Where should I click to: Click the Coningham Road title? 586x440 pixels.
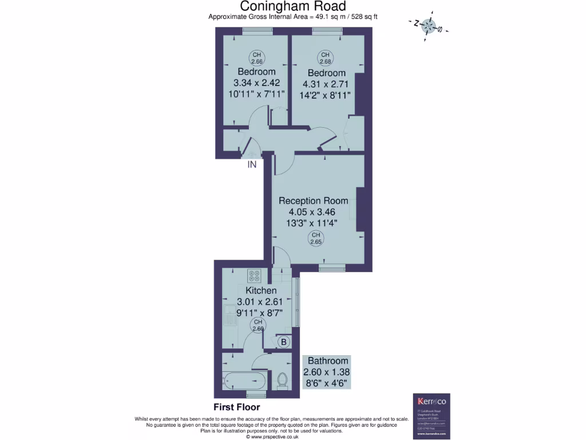point(292,6)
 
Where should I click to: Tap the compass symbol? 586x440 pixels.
point(429,25)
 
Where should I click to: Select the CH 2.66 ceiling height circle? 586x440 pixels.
point(256,58)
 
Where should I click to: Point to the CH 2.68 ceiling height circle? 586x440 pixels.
point(326,58)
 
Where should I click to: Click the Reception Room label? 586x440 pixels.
point(313,201)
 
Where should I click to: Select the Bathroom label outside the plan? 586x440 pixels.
point(327,360)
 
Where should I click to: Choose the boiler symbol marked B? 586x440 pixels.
point(283,342)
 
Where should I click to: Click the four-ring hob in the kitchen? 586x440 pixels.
point(255,276)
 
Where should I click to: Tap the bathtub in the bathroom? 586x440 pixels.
point(244,379)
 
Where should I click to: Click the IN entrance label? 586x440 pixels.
point(251,164)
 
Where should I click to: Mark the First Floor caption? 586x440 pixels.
point(236,407)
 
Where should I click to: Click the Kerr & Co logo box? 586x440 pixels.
point(432,415)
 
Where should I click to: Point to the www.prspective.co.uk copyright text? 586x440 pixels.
point(272,437)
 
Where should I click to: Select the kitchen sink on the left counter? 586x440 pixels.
point(229,315)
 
